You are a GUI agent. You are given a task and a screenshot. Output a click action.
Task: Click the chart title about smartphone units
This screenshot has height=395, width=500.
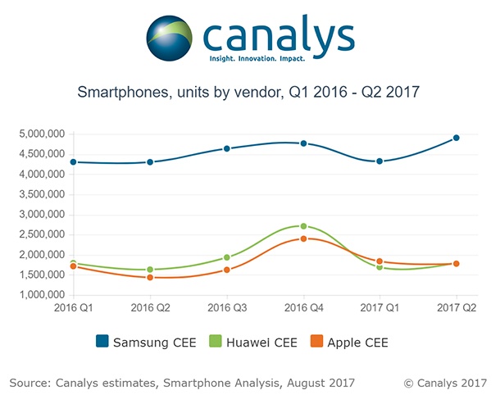pos(248,93)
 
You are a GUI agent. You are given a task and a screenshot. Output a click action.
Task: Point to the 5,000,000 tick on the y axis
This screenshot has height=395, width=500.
pos(36,134)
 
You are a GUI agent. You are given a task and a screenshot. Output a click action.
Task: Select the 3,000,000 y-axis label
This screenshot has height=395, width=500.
pos(36,215)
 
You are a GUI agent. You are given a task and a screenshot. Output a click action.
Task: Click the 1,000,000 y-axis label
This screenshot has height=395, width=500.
pos(36,295)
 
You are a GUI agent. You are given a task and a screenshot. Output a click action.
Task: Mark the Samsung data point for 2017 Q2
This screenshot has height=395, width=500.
pos(456,138)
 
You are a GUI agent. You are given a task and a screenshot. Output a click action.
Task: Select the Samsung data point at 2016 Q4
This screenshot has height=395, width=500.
pos(303,143)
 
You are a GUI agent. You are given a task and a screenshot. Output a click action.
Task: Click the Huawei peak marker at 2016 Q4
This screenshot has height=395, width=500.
pos(303,226)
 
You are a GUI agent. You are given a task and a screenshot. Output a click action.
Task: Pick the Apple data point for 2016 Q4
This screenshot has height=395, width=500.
pos(303,238)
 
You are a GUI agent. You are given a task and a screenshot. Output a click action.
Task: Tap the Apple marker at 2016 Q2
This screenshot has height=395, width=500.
pos(150,277)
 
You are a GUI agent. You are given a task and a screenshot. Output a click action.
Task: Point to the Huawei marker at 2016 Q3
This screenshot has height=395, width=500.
pos(227,257)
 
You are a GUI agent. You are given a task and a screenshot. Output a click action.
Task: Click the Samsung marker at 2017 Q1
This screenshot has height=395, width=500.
pos(380,161)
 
